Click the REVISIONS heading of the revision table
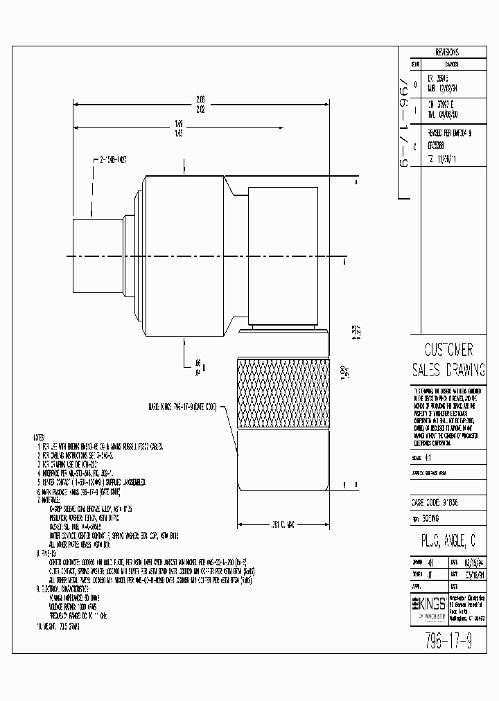447,52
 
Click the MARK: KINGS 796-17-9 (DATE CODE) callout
181,407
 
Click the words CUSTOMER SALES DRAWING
448,358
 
